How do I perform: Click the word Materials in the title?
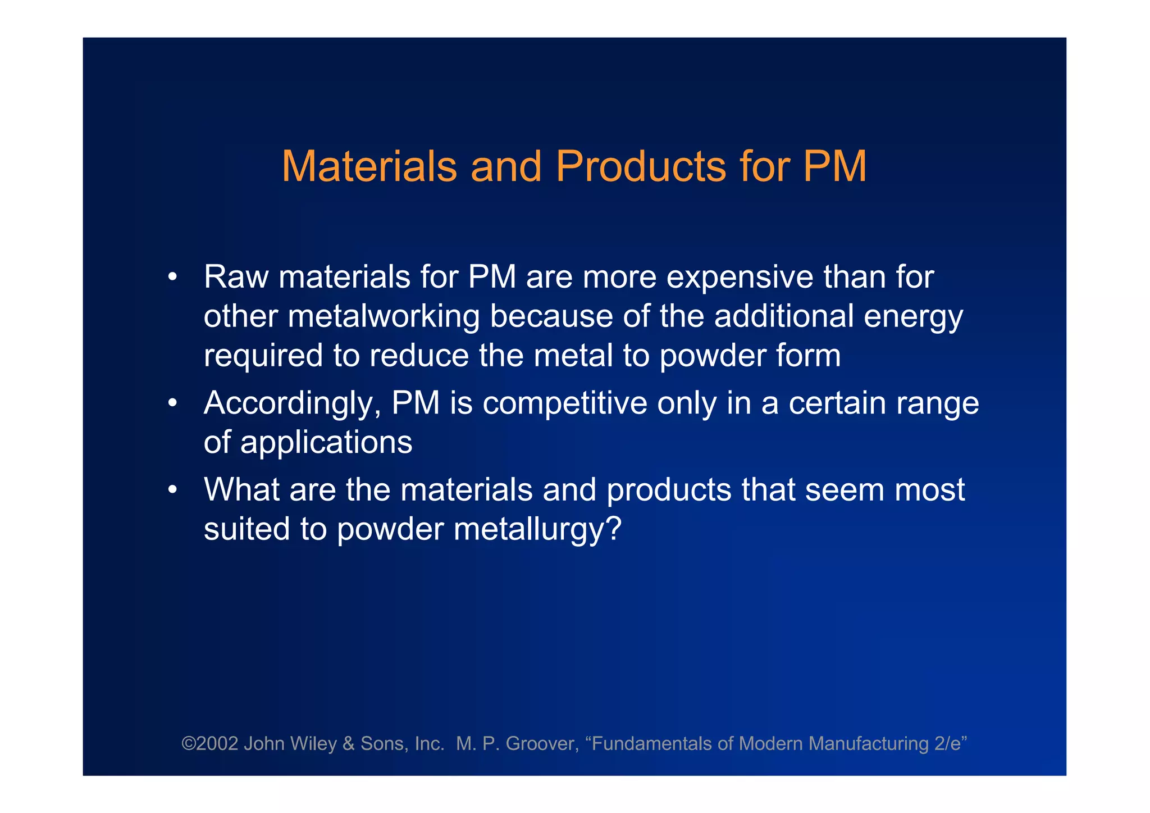pos(369,166)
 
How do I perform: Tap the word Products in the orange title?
pos(641,166)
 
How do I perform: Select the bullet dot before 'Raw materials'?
pos(172,277)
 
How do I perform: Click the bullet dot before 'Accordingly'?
pos(172,403)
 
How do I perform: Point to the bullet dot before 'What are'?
pos(172,490)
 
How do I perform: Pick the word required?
pos(263,356)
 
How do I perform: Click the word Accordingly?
pos(292,404)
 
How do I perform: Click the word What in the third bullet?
pos(241,489)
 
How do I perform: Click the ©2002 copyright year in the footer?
pos(209,743)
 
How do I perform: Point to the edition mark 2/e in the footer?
pos(948,743)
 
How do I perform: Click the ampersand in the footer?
pos(348,743)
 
